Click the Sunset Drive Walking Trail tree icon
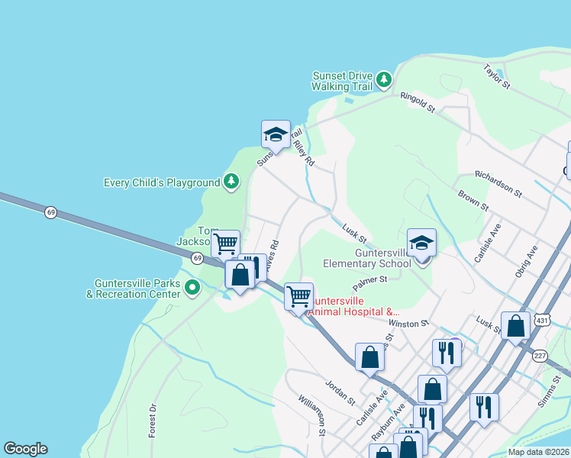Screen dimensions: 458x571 click(x=384, y=79)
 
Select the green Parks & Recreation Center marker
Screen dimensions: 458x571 click(x=192, y=288)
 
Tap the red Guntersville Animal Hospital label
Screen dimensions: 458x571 click(x=353, y=306)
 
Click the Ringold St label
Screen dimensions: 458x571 click(x=419, y=103)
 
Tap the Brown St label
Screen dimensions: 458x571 click(x=473, y=201)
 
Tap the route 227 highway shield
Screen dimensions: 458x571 click(x=540, y=356)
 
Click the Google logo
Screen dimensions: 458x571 click(x=25, y=449)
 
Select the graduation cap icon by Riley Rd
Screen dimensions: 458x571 click(x=276, y=134)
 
